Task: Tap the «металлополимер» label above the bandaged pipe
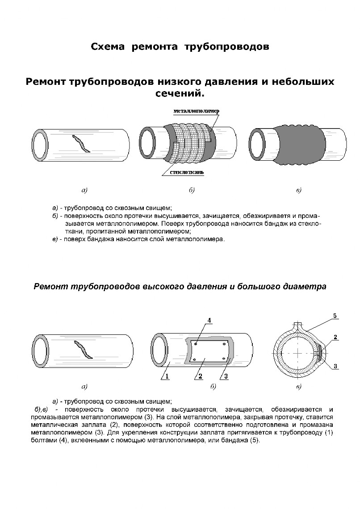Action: pos(196,110)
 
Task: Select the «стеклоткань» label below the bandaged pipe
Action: pos(187,172)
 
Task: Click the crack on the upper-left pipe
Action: pos(81,144)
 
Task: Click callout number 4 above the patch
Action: pos(209,320)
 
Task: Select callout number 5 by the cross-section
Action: pos(335,316)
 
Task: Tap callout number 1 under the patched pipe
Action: pos(166,376)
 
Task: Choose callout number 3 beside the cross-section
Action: pos(335,366)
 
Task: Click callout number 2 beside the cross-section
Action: pos(335,337)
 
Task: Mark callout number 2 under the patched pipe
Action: pos(201,376)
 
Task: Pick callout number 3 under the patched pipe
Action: pos(226,376)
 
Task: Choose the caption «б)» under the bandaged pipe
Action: pos(192,190)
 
